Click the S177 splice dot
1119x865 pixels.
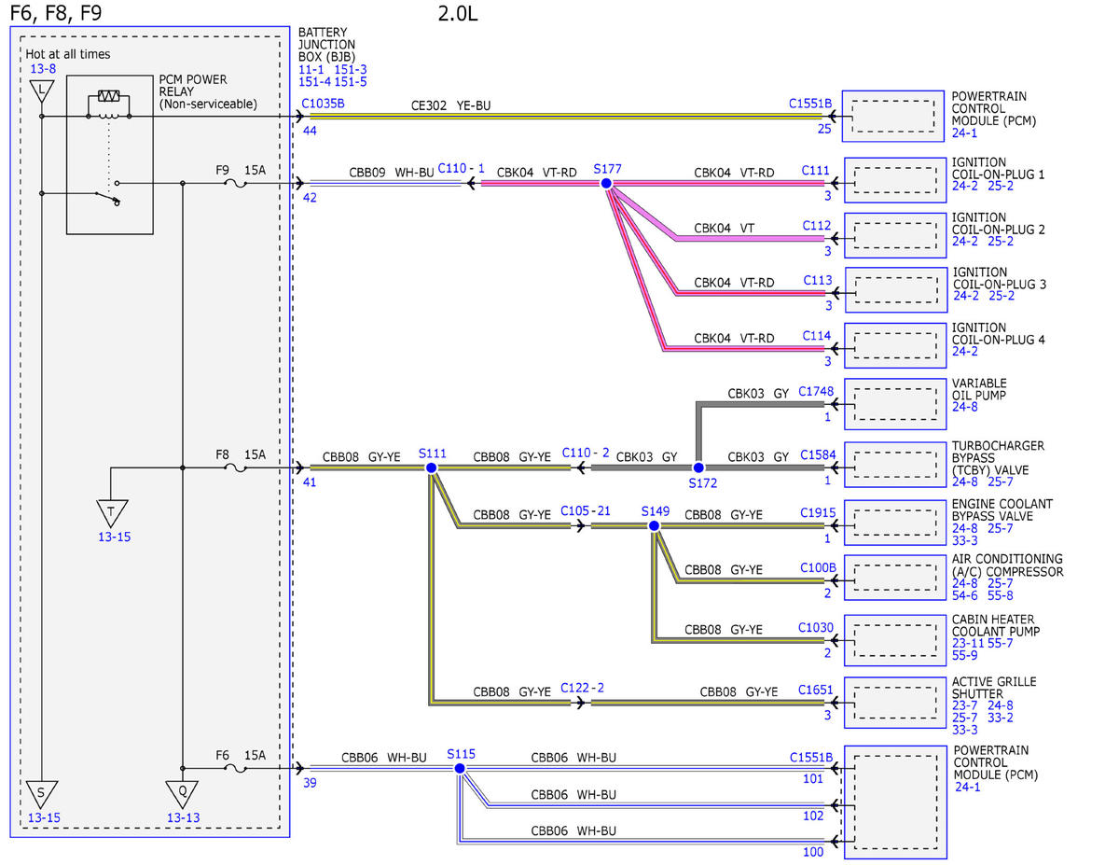coord(606,184)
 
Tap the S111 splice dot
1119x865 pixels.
coord(432,467)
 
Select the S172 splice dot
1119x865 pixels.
coord(698,467)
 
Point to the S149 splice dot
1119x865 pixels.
coord(654,526)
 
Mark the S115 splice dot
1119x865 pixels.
coord(460,769)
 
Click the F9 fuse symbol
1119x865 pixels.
coord(236,184)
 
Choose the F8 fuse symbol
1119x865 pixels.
coord(236,467)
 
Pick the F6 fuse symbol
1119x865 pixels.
coord(236,769)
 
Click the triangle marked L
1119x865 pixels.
coord(42,91)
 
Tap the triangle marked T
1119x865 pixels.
coord(112,513)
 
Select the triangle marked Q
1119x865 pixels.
coord(182,794)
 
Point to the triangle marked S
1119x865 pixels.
coord(42,794)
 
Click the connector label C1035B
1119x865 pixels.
coord(323,104)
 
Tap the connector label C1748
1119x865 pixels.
coord(816,392)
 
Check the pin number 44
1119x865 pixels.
coord(310,131)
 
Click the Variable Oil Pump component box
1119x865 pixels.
coord(895,404)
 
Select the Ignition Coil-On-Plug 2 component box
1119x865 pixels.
coord(895,235)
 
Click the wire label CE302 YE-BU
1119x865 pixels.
coord(450,105)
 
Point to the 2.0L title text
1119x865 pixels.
coord(458,13)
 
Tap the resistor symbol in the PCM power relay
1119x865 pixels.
coord(109,96)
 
